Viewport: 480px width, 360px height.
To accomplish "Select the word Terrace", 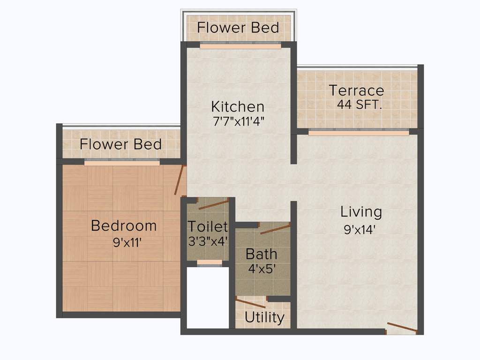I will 356,90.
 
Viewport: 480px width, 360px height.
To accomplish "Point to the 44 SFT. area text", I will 360,105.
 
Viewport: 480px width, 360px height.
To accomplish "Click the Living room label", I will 361,212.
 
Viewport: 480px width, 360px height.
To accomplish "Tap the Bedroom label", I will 124,225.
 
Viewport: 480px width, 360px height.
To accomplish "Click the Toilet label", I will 208,227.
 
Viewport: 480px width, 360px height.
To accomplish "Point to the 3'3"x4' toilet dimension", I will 208,241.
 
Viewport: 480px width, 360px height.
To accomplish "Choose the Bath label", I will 262,255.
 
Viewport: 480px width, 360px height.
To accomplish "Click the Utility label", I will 264,318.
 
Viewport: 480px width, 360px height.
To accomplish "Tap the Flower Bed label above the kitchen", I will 238,27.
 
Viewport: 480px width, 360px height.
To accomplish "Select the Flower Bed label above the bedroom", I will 120,144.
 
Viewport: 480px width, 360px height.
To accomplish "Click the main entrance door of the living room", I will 402,328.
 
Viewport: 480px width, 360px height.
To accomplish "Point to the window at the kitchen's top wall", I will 240,45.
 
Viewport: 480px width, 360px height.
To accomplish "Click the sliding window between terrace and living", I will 359,132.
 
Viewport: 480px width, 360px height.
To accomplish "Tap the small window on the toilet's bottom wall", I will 210,262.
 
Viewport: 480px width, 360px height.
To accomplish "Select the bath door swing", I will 275,229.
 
